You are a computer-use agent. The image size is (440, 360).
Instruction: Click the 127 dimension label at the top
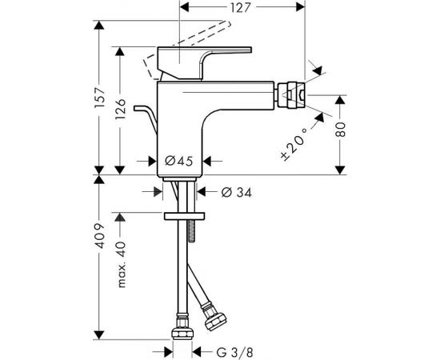(240, 7)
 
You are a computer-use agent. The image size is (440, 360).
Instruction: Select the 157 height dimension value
(99, 98)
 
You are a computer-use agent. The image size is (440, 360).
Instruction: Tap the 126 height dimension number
(120, 109)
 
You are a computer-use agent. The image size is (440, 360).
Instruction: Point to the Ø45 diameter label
(178, 161)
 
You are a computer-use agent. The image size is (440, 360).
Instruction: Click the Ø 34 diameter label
(237, 192)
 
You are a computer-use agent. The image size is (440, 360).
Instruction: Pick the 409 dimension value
(99, 236)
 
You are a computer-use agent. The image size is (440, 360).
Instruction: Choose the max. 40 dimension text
(121, 264)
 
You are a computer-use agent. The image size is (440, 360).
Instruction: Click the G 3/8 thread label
(235, 351)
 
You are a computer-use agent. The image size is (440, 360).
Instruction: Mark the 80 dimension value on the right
(340, 130)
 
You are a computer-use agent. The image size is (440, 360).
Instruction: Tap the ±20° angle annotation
(294, 144)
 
